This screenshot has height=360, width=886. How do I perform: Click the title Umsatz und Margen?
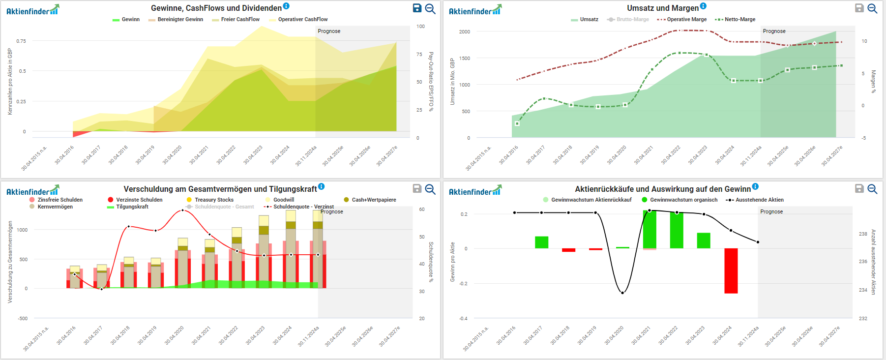point(662,8)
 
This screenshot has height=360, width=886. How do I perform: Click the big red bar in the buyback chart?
point(731,270)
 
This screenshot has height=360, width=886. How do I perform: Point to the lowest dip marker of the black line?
point(622,293)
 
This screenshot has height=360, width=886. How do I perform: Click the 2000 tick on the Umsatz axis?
point(465,31)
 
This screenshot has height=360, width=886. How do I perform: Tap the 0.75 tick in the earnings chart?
point(21,41)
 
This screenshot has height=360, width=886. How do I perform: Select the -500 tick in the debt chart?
point(23,318)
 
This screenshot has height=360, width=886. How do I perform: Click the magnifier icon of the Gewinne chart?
point(430,8)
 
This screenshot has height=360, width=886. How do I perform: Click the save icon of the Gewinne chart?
point(417,8)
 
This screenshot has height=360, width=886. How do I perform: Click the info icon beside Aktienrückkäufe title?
point(755,186)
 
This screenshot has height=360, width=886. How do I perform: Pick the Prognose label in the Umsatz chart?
point(774,31)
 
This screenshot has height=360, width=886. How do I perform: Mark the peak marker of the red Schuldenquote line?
point(183,210)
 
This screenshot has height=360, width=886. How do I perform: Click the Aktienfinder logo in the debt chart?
point(32,191)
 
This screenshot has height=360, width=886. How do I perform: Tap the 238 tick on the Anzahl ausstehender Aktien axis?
point(863,234)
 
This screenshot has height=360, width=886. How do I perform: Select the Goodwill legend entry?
point(283,200)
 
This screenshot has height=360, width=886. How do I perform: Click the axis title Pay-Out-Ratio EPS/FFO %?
point(431,81)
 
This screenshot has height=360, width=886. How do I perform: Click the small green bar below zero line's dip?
point(622,247)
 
